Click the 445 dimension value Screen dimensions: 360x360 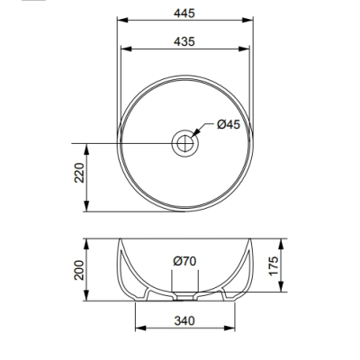pyautogui.click(x=184, y=13)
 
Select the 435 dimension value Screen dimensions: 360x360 pyautogui.click(x=184, y=41)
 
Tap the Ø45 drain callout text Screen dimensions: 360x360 pyautogui.click(x=229, y=124)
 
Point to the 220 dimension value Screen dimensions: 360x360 pyautogui.click(x=79, y=173)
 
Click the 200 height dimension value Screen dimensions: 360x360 pyautogui.click(x=79, y=270)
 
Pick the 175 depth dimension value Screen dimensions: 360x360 pyautogui.click(x=274, y=265)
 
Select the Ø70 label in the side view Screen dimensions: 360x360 pyautogui.click(x=184, y=261)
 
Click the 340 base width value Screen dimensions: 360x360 pyautogui.click(x=184, y=321)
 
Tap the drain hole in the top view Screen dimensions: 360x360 pyautogui.click(x=184, y=143)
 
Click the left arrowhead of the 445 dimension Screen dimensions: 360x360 pyautogui.click(x=122, y=20)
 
